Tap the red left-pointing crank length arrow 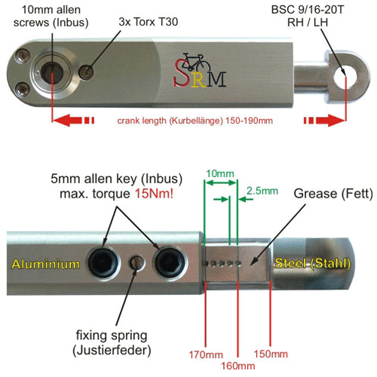(73, 120)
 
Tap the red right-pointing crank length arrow (324, 120)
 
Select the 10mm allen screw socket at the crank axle (51, 73)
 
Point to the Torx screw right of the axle (86, 72)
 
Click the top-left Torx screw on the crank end (22, 56)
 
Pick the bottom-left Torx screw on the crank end (23, 89)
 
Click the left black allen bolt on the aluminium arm (103, 263)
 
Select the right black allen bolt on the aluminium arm (170, 263)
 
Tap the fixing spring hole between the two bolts (137, 262)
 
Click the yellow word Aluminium (46, 265)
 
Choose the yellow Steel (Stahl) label (313, 264)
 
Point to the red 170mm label (206, 354)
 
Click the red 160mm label (238, 366)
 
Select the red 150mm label (271, 354)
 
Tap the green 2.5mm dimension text (262, 191)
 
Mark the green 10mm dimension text (220, 173)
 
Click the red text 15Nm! (154, 194)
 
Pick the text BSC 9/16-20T (308, 10)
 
